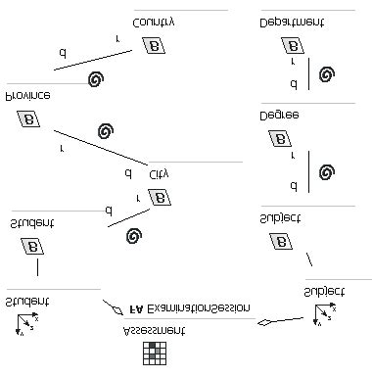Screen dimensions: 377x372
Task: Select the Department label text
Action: pos(293,21)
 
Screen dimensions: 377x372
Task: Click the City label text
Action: pos(159,173)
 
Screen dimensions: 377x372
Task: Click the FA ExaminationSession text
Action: pos(190,307)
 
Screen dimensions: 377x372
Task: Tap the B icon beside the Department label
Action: pos(292,45)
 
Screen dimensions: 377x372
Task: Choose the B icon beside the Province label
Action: pos(28,119)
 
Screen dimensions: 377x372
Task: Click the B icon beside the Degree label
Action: pos(292,136)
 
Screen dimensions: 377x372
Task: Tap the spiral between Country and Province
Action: pos(95,79)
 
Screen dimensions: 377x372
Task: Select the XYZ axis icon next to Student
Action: pos(26,323)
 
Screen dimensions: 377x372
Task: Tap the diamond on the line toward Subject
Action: pos(263,322)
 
